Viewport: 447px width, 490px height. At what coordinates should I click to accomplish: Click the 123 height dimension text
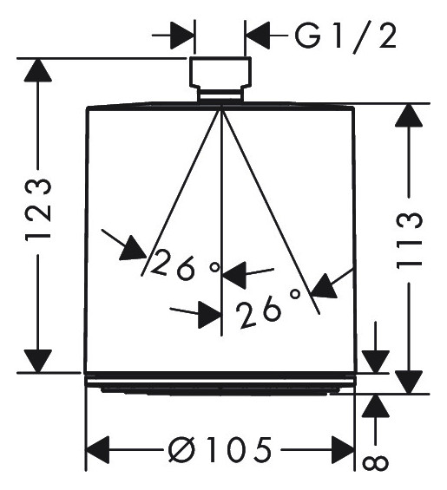pos(38,209)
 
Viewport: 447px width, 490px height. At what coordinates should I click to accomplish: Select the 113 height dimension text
pos(409,240)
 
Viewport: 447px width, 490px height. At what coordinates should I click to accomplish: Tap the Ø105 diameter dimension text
pos(220,450)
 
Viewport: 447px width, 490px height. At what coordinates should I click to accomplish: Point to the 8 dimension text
pos(375,463)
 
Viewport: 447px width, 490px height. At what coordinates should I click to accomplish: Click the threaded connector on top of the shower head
pos(220,80)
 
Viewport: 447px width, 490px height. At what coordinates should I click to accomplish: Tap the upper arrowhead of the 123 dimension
pos(38,70)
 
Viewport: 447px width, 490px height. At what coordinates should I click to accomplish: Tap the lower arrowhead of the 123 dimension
pos(38,362)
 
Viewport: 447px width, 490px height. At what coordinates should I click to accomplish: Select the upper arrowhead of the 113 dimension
pos(409,115)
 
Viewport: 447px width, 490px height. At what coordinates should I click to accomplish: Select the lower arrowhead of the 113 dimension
pos(409,382)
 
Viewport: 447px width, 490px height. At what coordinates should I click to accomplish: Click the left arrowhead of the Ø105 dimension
pos(97,450)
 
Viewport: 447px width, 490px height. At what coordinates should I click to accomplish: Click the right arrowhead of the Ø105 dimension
pos(343,450)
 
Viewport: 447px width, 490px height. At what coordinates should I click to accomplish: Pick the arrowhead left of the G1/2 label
pos(258,36)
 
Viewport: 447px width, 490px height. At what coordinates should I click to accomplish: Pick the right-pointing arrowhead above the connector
pos(182,36)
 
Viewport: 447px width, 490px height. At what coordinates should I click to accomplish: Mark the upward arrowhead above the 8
pos(375,406)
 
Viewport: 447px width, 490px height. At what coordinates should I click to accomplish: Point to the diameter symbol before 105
pos(181,450)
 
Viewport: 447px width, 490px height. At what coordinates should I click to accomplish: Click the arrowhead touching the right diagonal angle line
pos(325,286)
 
